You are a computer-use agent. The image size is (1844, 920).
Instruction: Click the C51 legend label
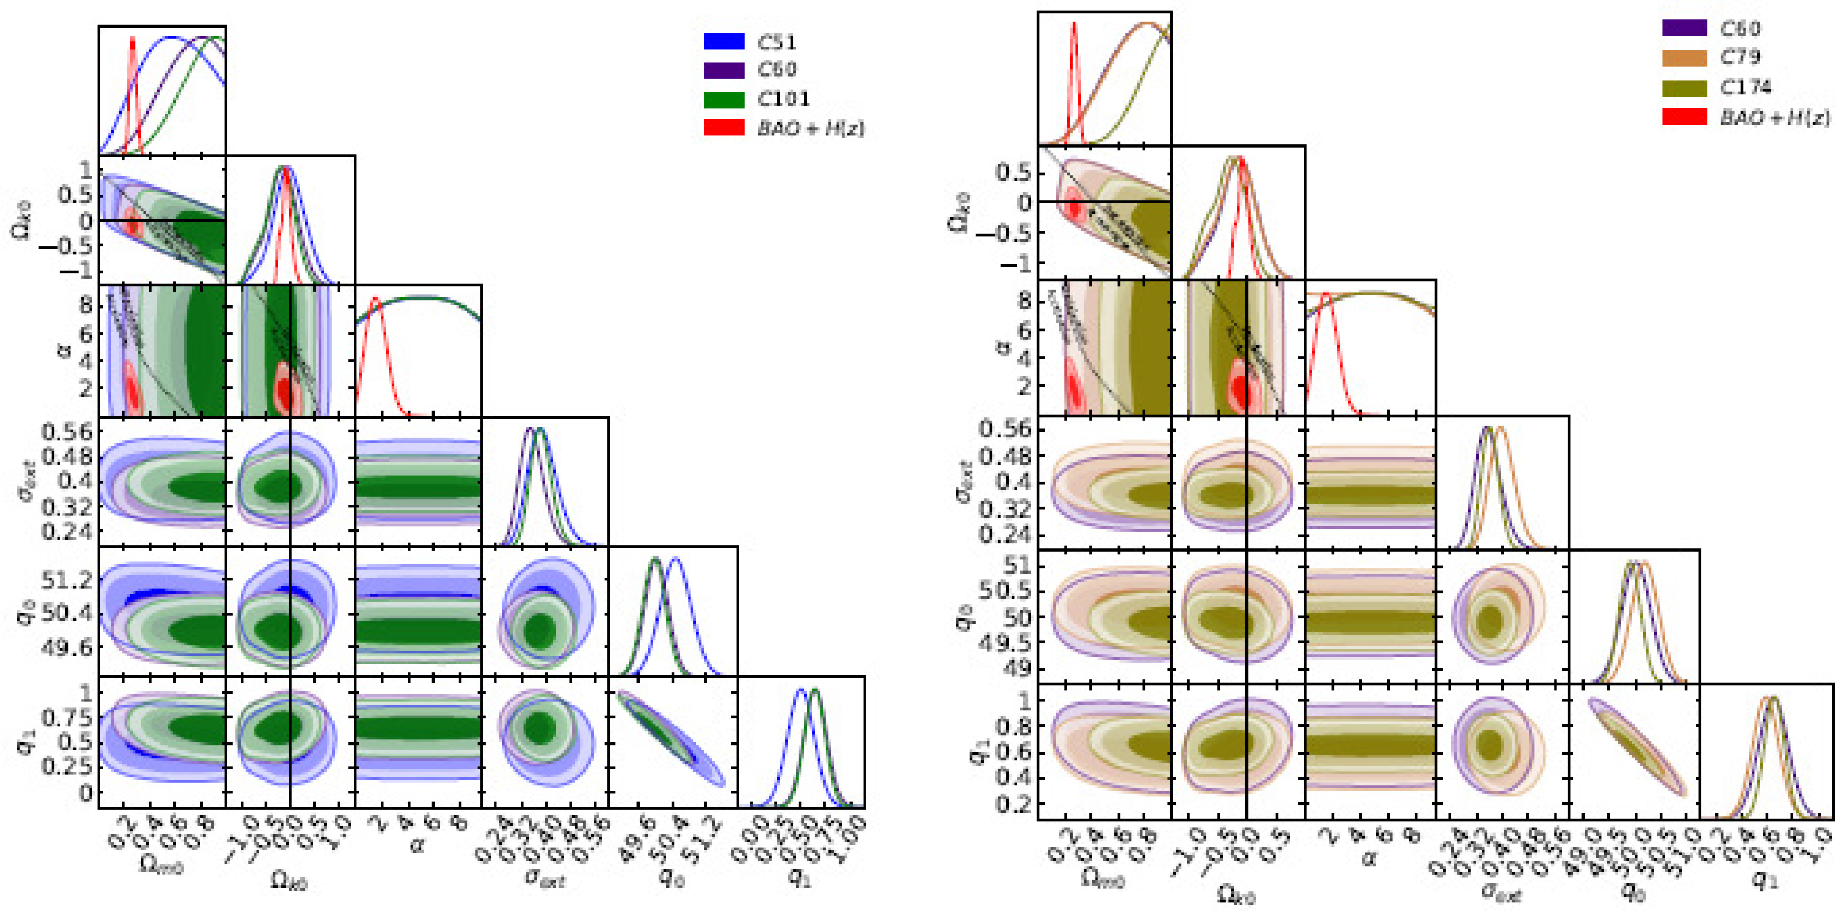click(776, 42)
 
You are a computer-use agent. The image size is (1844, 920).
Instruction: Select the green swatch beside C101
click(724, 99)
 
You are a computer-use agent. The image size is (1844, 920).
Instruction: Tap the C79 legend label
click(1740, 56)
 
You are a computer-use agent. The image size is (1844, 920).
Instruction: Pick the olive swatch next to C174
click(1684, 88)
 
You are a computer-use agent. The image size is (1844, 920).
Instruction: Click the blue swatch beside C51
click(724, 41)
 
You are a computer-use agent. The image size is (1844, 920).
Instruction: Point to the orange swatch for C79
click(1684, 58)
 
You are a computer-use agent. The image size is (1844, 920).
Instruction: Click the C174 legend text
click(1745, 88)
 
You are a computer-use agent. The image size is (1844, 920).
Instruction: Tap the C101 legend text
click(783, 99)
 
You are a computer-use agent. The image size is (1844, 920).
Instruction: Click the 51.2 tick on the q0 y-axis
click(67, 579)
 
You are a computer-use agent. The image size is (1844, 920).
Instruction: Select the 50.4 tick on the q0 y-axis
click(67, 613)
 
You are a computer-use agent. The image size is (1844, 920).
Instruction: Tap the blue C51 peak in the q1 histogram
click(801, 689)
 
